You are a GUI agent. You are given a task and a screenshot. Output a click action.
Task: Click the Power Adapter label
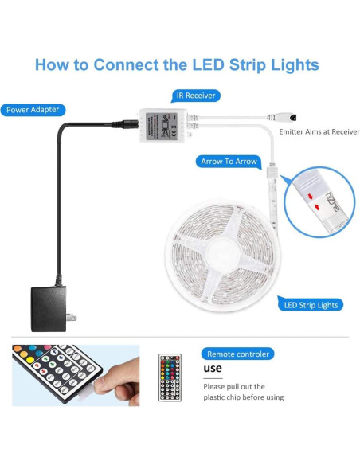33,110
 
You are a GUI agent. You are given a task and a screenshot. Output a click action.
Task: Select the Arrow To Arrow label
229,162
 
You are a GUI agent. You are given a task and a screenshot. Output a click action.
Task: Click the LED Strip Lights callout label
311,304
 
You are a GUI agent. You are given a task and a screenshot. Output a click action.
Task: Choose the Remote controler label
239,354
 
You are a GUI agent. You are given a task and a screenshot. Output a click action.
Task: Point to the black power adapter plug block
48,309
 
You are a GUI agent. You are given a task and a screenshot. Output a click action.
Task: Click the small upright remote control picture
170,377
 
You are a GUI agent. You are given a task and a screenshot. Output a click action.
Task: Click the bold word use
213,369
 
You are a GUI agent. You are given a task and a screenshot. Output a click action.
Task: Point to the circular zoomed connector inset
319,201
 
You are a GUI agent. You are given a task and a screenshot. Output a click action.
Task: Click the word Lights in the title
291,65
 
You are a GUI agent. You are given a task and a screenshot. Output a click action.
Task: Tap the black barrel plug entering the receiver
127,124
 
